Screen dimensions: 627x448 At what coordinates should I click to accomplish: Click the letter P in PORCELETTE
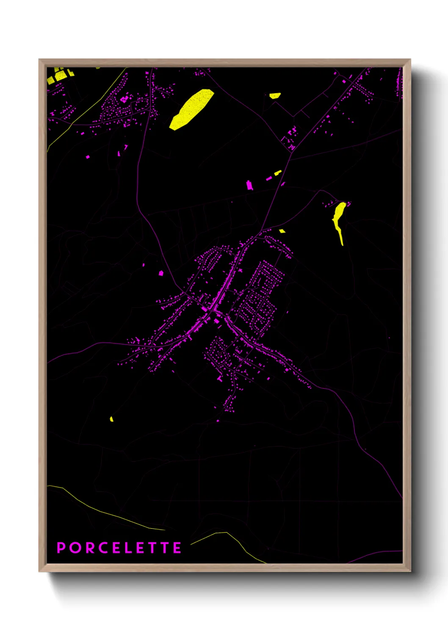click(x=62, y=548)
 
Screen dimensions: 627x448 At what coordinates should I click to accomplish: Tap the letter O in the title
click(x=76, y=548)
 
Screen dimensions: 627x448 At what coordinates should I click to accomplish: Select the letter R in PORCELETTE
click(x=92, y=548)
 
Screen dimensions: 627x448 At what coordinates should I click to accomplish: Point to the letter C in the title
click(x=106, y=548)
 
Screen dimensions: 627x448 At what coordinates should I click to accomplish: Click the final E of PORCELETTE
click(x=177, y=548)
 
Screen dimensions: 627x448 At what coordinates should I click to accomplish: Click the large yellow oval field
click(x=191, y=109)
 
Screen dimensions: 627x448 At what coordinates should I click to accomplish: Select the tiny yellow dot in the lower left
click(x=111, y=419)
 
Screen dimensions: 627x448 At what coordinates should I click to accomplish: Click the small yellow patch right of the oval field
click(x=275, y=96)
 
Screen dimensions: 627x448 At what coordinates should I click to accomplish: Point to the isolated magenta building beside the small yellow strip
click(x=249, y=185)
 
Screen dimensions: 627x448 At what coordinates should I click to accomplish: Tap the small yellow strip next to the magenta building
click(x=277, y=173)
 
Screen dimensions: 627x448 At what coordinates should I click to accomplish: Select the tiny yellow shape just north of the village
click(x=282, y=231)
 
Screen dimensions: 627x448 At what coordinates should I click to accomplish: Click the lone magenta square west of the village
click(x=161, y=273)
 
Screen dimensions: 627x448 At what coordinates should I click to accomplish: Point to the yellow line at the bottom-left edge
click(x=106, y=513)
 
